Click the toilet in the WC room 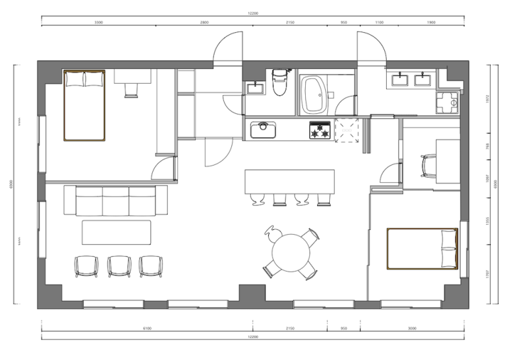pyautogui.click(x=280, y=85)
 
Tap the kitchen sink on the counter pyautogui.click(x=263, y=129)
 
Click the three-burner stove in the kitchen pyautogui.click(x=319, y=129)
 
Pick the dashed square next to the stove pyautogui.click(x=347, y=129)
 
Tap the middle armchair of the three pyautogui.click(x=118, y=266)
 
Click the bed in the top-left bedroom pyautogui.click(x=84, y=105)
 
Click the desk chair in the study pyautogui.click(x=429, y=166)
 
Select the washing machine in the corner pyautogui.click(x=447, y=104)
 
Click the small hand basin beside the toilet pyautogui.click(x=254, y=88)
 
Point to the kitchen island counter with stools pyautogui.click(x=289, y=182)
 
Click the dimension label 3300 pyautogui.click(x=99, y=22)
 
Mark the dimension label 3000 pyautogui.click(x=412, y=328)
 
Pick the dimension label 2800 pyautogui.click(x=204, y=22)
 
